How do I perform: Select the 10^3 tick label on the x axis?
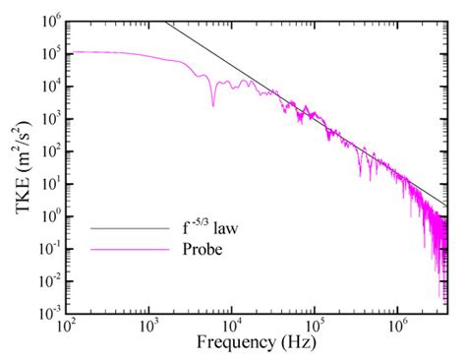coord(149,324)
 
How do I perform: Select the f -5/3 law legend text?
coord(209,227)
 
